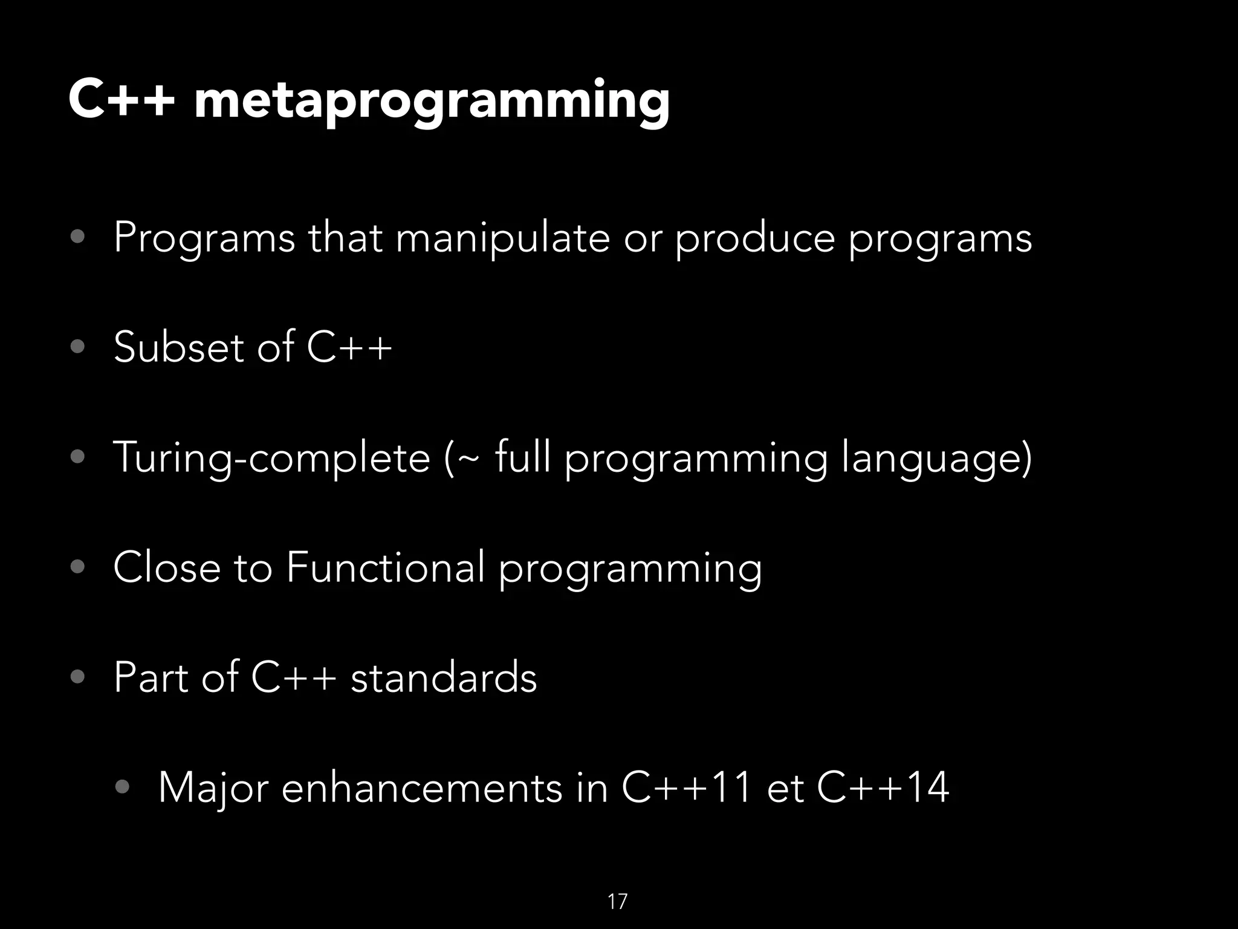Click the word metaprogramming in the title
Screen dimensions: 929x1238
coord(432,102)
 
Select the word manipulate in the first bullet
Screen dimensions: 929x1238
coord(503,238)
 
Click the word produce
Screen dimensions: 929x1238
coord(755,238)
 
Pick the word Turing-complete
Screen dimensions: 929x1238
coord(271,458)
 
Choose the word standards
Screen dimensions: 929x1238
coord(444,677)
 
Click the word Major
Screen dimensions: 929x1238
coord(213,788)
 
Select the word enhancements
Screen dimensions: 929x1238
coord(421,788)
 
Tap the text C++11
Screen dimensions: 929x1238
coord(687,788)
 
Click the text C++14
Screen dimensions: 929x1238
coord(883,788)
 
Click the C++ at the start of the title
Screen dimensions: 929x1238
coord(122,100)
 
